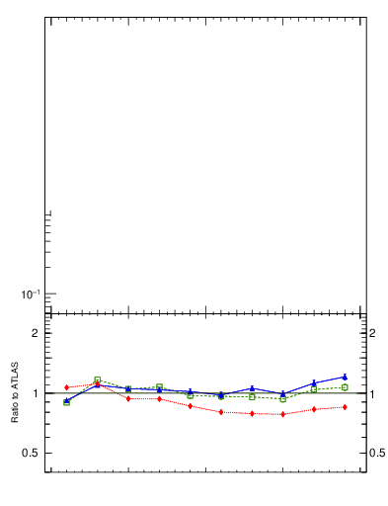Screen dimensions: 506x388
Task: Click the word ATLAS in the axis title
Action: click(16, 374)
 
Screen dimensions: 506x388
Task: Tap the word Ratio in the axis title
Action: click(16, 412)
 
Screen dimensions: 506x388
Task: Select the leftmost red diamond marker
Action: click(66, 387)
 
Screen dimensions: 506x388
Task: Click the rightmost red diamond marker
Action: click(345, 407)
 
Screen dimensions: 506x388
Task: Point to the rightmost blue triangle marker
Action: click(345, 377)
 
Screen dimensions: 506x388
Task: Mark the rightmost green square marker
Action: click(345, 387)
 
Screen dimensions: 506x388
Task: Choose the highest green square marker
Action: click(97, 379)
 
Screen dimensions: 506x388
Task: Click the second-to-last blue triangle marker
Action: click(314, 383)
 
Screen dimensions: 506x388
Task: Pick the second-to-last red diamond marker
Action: click(314, 409)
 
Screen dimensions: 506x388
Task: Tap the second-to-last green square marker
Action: click(314, 389)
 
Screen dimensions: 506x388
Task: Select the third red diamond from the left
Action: click(128, 398)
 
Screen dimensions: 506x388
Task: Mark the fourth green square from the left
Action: click(159, 386)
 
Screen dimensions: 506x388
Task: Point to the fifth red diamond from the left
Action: click(190, 406)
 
